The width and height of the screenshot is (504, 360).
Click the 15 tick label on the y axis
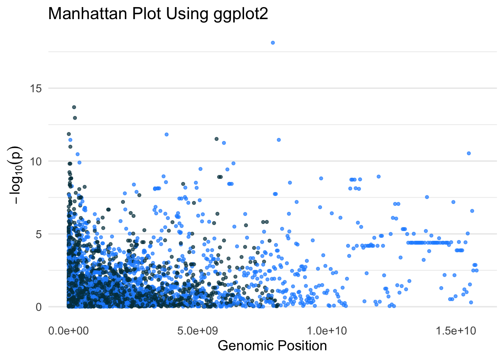pos(36,88)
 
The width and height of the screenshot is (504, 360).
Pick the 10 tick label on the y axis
pos(36,161)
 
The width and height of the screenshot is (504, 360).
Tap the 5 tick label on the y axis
pos(39,234)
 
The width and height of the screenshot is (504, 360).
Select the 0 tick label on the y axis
pos(39,307)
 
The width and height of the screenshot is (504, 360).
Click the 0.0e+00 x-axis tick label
pos(69,331)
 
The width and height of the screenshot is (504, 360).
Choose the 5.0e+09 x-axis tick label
pos(197,331)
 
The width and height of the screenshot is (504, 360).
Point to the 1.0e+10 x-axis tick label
pos(327,331)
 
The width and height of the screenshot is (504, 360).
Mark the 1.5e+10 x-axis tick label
pos(456,331)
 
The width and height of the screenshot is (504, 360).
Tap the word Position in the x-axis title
pos(298,346)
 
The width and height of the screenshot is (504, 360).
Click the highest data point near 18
pos(273,43)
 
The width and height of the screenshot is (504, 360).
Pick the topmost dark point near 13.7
pos(74,107)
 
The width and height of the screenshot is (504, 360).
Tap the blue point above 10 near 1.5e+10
pos(468,153)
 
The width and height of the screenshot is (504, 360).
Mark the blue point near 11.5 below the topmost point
pos(279,140)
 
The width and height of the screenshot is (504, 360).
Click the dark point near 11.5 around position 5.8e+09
pos(216,139)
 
